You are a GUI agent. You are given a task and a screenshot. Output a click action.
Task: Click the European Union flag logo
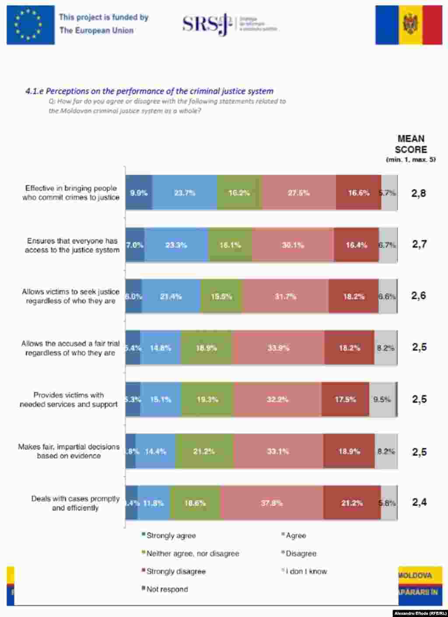(x=31, y=25)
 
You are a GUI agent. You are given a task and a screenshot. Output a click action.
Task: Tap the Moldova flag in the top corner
(x=409, y=25)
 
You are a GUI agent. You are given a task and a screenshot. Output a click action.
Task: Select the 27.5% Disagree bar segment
(x=299, y=193)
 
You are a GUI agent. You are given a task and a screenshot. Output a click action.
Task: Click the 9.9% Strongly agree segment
(x=139, y=193)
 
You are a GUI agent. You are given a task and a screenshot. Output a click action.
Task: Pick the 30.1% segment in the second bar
(x=293, y=245)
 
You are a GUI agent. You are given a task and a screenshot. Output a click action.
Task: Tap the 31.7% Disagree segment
(x=285, y=297)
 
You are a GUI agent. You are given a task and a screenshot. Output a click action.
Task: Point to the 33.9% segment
(x=278, y=348)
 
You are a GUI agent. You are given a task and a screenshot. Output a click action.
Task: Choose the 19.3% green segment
(x=207, y=400)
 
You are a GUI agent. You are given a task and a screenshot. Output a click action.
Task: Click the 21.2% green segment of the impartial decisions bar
(x=204, y=451)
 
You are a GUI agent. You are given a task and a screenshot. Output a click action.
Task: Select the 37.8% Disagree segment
(x=272, y=503)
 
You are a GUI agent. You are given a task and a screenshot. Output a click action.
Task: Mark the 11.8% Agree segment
(x=154, y=503)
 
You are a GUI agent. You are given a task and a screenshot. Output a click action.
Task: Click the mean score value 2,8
(x=418, y=193)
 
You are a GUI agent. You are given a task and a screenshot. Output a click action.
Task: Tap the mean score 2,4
(x=419, y=502)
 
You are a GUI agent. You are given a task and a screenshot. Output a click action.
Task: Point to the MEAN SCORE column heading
(x=411, y=144)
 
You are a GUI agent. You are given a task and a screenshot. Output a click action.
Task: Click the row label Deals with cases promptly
(x=75, y=503)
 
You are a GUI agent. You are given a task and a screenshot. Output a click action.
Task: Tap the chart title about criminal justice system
(x=149, y=91)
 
